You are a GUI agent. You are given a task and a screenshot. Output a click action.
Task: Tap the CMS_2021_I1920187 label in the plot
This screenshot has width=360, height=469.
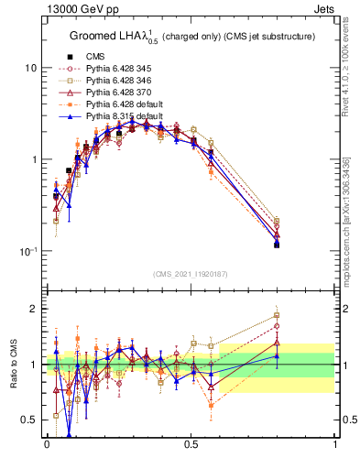coord(191,273)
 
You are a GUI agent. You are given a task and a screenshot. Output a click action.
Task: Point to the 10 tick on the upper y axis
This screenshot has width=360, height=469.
coord(31,68)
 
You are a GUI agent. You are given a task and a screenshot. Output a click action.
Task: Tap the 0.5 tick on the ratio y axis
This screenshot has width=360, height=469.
coord(30,420)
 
